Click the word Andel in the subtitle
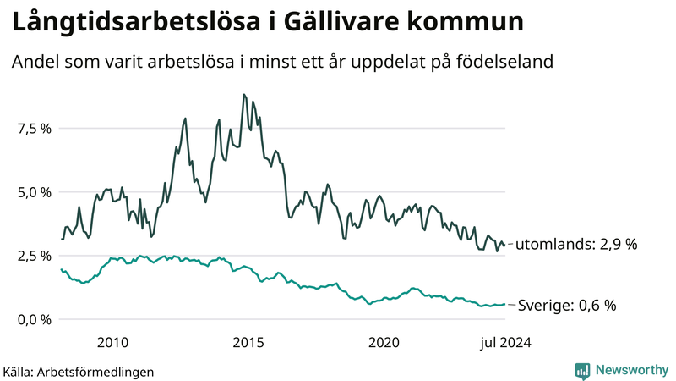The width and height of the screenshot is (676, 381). (35, 63)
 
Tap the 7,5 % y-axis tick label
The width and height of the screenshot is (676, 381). (35, 129)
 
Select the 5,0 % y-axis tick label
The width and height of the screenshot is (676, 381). (35, 192)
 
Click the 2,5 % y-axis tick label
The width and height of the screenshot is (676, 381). (35, 256)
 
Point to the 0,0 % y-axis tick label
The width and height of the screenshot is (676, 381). (35, 319)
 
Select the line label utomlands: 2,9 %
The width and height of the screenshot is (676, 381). (575, 244)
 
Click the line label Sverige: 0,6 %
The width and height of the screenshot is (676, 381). (566, 305)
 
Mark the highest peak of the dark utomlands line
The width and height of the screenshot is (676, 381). (244, 95)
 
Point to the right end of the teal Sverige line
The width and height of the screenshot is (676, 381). (504, 304)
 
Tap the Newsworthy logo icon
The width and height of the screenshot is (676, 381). (582, 370)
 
